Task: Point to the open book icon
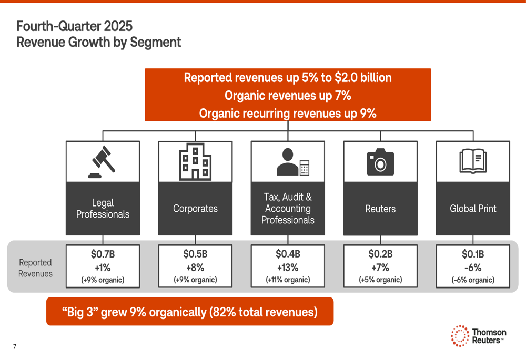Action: (x=473, y=161)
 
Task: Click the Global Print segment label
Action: (x=473, y=209)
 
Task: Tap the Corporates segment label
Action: (x=195, y=209)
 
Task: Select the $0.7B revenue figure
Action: (x=103, y=254)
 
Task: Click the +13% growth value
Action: (x=288, y=267)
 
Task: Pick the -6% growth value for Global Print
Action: (x=473, y=267)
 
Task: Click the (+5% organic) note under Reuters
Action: (x=380, y=280)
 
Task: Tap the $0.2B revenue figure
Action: (x=380, y=254)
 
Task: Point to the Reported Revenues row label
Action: (x=35, y=268)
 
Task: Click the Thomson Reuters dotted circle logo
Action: (x=460, y=336)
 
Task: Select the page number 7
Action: (x=15, y=346)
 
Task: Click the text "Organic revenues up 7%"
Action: (x=288, y=96)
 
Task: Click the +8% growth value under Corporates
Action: (x=195, y=267)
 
